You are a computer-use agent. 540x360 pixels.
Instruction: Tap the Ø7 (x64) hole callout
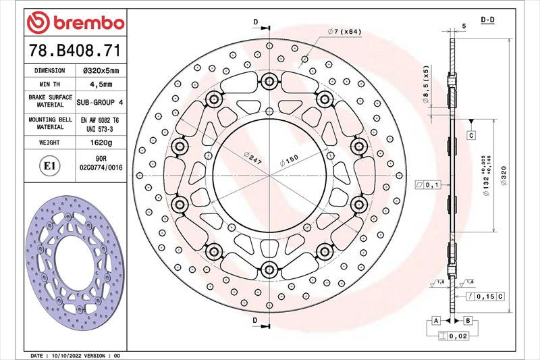tap(345, 32)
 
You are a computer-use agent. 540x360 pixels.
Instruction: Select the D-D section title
tap(487, 21)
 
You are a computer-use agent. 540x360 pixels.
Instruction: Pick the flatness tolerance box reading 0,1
tap(428, 184)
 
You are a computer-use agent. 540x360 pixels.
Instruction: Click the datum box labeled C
tap(470, 136)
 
